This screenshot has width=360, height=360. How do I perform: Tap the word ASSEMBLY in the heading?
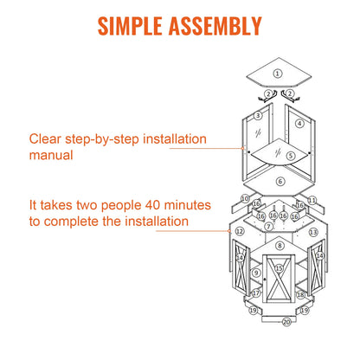[215, 26]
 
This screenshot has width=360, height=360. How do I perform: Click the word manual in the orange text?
[51, 155]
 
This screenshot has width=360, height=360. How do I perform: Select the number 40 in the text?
[152, 205]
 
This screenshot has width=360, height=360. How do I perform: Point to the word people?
[121, 206]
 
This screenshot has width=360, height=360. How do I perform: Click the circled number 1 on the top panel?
[278, 74]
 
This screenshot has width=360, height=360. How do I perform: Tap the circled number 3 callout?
[258, 116]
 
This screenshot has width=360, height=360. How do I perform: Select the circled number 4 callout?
[299, 124]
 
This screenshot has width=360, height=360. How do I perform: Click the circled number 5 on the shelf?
[291, 156]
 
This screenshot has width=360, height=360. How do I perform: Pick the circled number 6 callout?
[280, 182]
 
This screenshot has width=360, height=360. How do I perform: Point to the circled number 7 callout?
[269, 227]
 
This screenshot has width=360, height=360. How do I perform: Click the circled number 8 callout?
[280, 246]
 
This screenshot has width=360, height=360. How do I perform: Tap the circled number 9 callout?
[256, 273]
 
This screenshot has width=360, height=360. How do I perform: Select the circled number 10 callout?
[245, 199]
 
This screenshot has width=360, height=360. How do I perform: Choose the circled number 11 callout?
[312, 200]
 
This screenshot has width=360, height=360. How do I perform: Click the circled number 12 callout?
[240, 231]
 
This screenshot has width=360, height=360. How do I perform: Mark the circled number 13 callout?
[313, 232]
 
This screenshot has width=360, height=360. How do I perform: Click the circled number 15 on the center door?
[279, 268]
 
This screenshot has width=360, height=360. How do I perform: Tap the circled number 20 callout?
[286, 322]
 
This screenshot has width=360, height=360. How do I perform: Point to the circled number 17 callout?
[256, 293]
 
